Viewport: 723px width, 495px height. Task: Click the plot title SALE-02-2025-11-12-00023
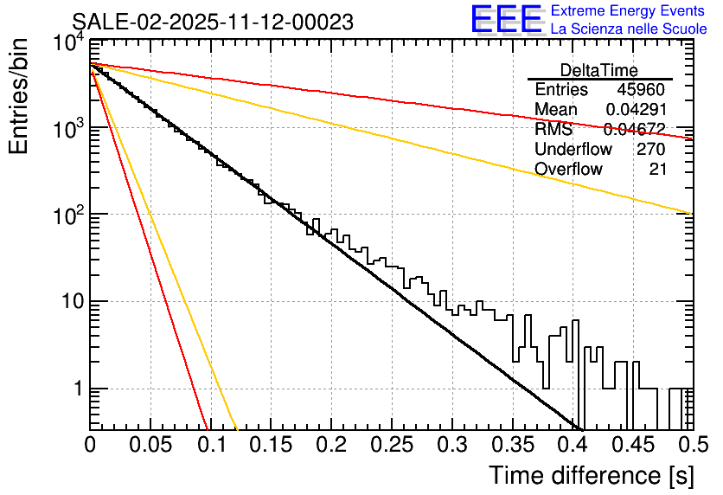pyautogui.click(x=212, y=22)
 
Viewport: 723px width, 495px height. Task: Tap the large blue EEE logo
pyautogui.click(x=506, y=21)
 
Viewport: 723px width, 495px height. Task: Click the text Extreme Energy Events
pyautogui.click(x=629, y=11)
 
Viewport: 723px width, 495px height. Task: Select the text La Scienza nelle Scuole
pyautogui.click(x=629, y=29)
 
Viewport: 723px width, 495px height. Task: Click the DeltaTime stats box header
pyautogui.click(x=599, y=70)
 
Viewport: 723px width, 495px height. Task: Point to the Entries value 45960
pyautogui.click(x=641, y=90)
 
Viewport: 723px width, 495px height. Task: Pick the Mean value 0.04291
pyautogui.click(x=636, y=110)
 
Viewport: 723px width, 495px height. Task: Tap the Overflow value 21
pyautogui.click(x=657, y=169)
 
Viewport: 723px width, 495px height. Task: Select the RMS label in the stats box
pyautogui.click(x=553, y=130)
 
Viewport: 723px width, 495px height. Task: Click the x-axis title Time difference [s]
pyautogui.click(x=591, y=475)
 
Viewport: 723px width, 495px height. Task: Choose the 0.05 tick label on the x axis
pyautogui.click(x=150, y=446)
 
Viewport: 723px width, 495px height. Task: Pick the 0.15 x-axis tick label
pyautogui.click(x=270, y=446)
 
